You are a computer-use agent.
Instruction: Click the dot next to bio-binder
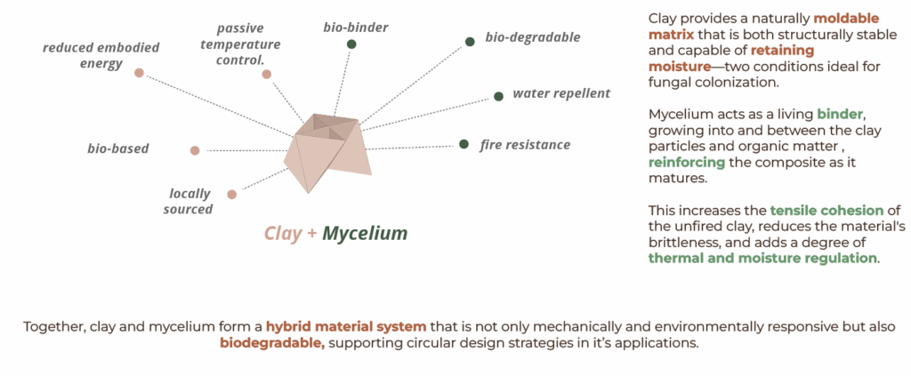click(x=351, y=44)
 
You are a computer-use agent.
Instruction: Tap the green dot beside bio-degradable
click(x=470, y=42)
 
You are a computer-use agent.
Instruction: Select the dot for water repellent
click(x=498, y=96)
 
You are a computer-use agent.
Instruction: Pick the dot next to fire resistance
click(x=464, y=144)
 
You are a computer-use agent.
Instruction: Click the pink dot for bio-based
click(x=195, y=150)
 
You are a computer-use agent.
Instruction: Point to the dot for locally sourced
click(x=232, y=195)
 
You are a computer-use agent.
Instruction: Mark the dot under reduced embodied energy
click(x=139, y=73)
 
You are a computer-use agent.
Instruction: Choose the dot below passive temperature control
click(x=267, y=74)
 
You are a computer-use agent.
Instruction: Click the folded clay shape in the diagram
click(x=326, y=152)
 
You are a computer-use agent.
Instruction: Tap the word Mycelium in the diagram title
click(x=365, y=233)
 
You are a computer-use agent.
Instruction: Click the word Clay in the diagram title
click(x=284, y=233)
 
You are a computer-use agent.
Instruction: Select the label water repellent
click(x=561, y=93)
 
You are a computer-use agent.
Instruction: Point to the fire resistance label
click(x=525, y=145)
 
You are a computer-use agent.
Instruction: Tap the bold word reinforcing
click(x=687, y=163)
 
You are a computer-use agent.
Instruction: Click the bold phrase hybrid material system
click(x=346, y=326)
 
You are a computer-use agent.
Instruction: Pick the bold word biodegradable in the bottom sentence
click(x=272, y=343)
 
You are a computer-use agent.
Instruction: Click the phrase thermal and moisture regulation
click(x=762, y=258)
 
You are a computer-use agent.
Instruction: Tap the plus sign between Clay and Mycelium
click(x=312, y=234)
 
